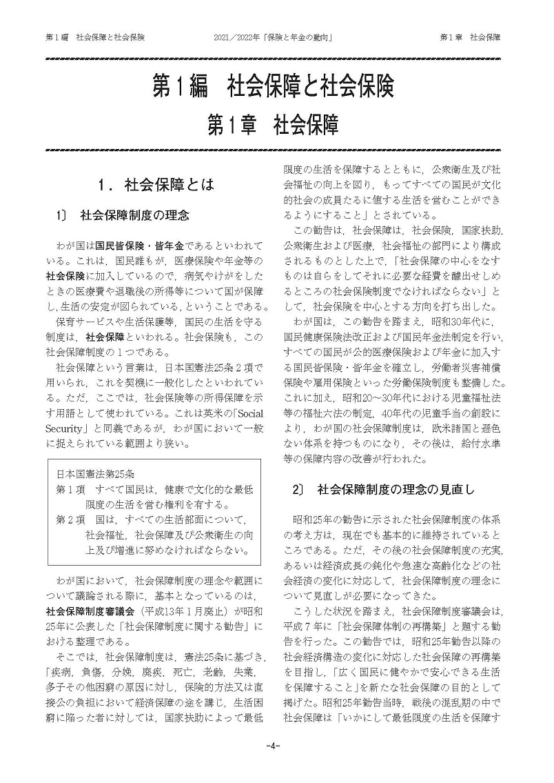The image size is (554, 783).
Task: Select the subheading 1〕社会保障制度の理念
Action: [124, 215]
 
